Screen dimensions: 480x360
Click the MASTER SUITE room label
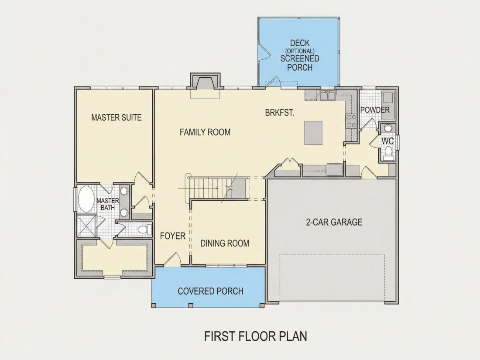coord(117,117)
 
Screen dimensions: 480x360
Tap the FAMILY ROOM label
coord(205,132)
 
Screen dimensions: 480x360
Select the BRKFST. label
coord(279,113)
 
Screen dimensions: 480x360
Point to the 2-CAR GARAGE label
coord(334,222)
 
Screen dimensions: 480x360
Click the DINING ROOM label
coord(225,243)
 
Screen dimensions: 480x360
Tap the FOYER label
coord(173,236)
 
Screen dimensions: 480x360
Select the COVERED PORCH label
coord(211,291)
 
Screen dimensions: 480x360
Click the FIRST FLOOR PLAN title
coord(256,336)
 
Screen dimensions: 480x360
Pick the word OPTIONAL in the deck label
coord(300,51)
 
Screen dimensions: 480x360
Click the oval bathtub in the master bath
coord(86,199)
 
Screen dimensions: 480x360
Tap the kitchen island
coord(313,133)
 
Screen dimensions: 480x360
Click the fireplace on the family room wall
coord(205,82)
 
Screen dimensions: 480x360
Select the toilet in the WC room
coord(388,152)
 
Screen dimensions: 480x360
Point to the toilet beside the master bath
coord(144,229)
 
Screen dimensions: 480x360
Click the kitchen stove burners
coord(351,120)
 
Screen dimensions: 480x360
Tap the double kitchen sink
coord(328,96)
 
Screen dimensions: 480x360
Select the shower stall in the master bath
coord(86,226)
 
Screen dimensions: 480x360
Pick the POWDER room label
coord(375,110)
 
